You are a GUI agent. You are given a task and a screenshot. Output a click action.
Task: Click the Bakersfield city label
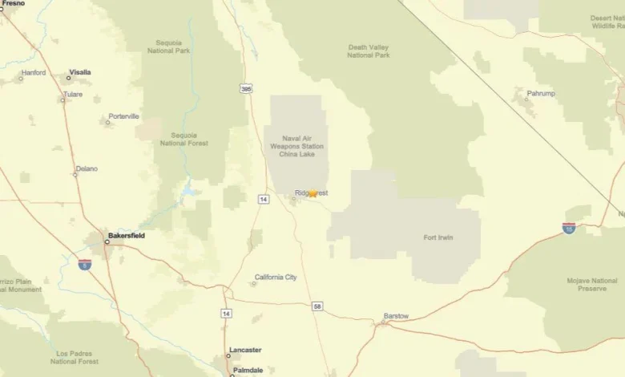(x=127, y=237)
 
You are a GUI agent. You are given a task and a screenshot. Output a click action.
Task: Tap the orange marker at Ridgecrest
(x=312, y=193)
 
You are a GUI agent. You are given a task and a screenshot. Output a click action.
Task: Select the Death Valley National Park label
(x=369, y=51)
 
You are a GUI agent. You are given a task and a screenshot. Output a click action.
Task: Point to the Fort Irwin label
(x=440, y=237)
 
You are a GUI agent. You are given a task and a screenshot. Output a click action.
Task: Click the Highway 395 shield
(x=247, y=88)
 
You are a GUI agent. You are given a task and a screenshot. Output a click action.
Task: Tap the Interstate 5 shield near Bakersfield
(x=85, y=264)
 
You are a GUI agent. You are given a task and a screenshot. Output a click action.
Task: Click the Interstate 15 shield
(x=569, y=229)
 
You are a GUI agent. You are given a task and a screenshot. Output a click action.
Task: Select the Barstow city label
(x=396, y=316)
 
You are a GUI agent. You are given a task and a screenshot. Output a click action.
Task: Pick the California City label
(x=276, y=278)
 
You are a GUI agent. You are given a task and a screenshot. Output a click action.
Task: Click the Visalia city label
(x=80, y=72)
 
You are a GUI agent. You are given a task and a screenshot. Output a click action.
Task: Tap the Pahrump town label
(x=541, y=94)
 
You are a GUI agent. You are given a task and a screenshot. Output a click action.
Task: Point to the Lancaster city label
(x=246, y=351)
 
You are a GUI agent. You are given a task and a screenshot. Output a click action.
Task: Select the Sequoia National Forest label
(x=184, y=140)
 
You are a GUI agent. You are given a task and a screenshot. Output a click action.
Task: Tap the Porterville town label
(x=124, y=116)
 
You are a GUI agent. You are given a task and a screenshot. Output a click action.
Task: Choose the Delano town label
(x=87, y=169)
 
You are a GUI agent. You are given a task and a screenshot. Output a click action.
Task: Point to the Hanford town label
(x=34, y=73)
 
